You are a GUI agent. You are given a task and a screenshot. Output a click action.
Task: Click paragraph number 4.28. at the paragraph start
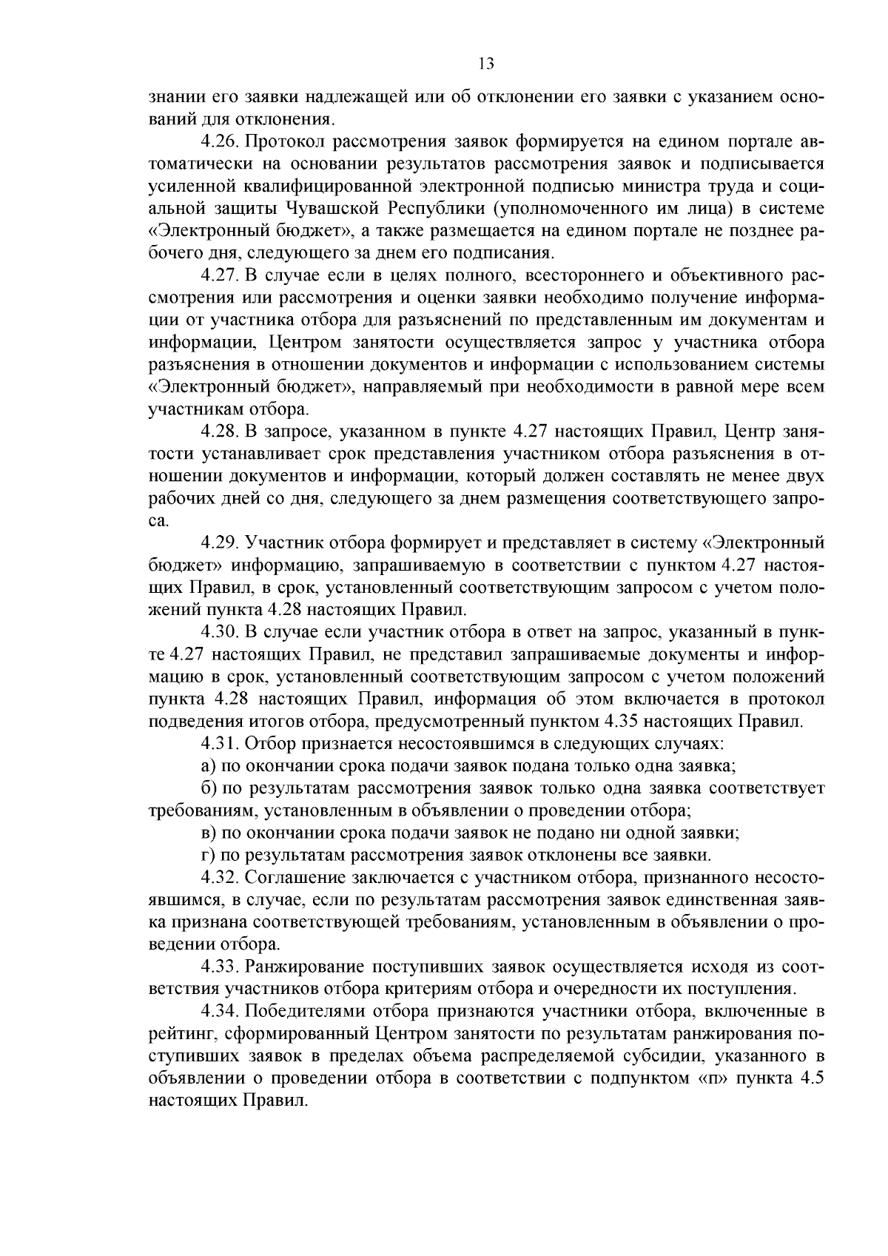click(x=220, y=431)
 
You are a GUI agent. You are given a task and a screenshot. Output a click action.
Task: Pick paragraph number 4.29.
click(x=220, y=543)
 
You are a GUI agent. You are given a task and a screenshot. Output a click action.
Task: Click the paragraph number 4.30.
click(x=220, y=632)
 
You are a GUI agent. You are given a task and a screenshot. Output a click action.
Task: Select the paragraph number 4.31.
click(x=220, y=743)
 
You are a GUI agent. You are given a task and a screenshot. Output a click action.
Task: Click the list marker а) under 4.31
click(x=209, y=766)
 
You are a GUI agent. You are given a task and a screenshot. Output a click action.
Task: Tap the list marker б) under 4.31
click(x=209, y=788)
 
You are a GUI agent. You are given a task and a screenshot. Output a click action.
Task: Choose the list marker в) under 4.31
click(x=209, y=833)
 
